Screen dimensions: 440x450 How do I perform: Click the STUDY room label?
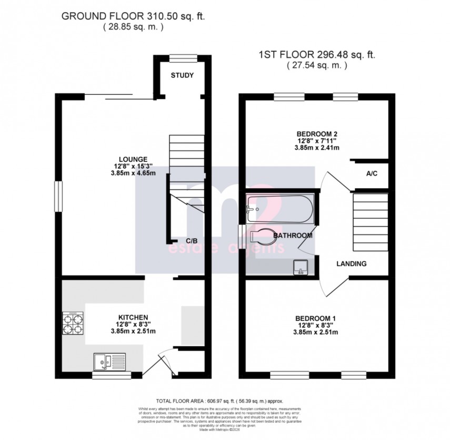(182, 75)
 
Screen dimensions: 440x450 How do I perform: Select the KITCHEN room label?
(129, 317)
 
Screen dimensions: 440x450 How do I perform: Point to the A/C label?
(371, 173)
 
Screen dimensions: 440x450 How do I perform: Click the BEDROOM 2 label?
(316, 133)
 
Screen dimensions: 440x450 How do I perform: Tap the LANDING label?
(352, 264)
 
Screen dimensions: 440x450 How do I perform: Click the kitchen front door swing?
(161, 363)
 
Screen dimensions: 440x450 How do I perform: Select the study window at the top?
(182, 57)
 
